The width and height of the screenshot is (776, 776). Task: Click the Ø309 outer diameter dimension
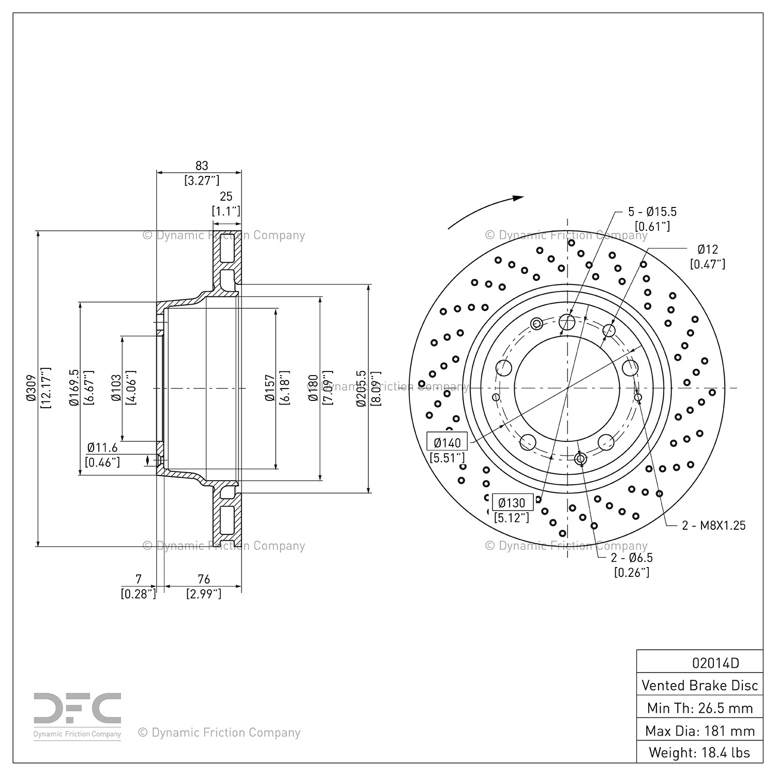pos(30,388)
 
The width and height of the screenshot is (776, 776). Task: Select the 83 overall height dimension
pos(201,166)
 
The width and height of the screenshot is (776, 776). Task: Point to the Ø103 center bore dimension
pos(116,388)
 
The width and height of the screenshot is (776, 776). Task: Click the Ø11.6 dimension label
pos(102,447)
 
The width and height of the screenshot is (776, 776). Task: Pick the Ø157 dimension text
pos(269,388)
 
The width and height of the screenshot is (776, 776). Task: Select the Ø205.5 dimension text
pos(362,388)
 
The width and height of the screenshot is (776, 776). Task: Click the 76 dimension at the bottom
pos(204,579)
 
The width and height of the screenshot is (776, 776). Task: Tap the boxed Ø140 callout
pos(447,442)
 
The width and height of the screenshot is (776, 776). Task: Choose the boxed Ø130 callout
pos(512,502)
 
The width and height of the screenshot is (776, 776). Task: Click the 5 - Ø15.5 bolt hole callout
pos(652,212)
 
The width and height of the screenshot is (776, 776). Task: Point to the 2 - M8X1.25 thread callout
pos(714,526)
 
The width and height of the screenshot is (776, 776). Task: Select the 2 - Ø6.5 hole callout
pos(632,558)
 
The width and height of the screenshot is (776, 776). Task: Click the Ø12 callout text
pos(708,249)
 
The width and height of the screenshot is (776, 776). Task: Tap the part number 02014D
pos(715,663)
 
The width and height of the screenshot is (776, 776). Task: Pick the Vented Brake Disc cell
pos(699,685)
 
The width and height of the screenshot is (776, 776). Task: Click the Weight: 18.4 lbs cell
pos(699,752)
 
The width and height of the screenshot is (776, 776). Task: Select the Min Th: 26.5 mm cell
pos(699,708)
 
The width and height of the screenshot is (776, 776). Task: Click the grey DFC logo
pos(78,709)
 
